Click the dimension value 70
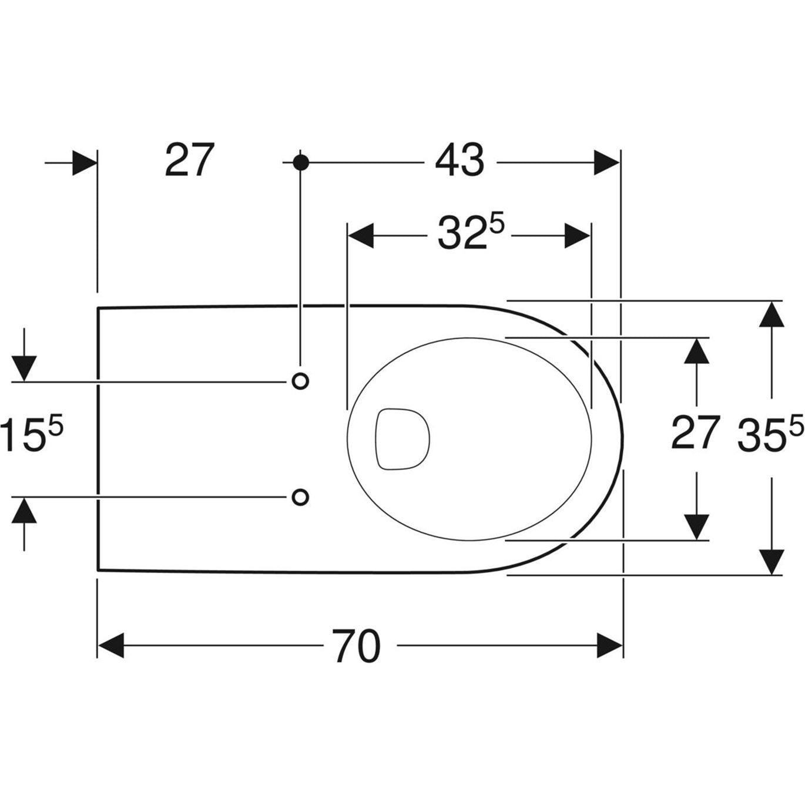pyautogui.click(x=357, y=646)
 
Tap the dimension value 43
pyautogui.click(x=459, y=160)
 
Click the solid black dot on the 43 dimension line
pyautogui.click(x=300, y=162)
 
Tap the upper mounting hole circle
pyautogui.click(x=300, y=381)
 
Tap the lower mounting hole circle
pyautogui.click(x=300, y=497)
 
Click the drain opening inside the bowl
pyautogui.click(x=402, y=438)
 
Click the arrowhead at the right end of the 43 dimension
pyautogui.click(x=606, y=162)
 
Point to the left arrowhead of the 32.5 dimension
pyautogui.click(x=361, y=236)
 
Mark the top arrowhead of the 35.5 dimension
pyautogui.click(x=772, y=314)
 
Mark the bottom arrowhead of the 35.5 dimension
pyautogui.click(x=772, y=561)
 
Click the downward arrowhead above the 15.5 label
pyautogui.click(x=24, y=368)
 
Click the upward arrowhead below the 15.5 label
pyautogui.click(x=24, y=510)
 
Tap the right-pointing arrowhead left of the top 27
pyautogui.click(x=84, y=162)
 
